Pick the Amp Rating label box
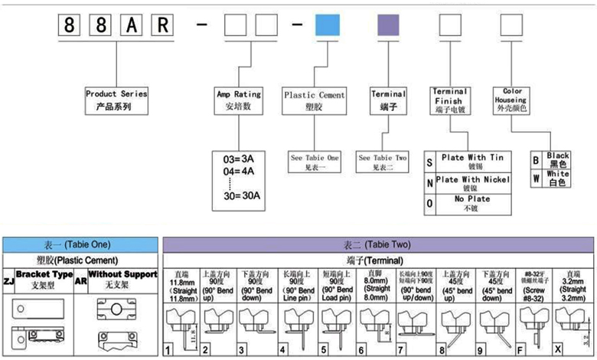(x=239, y=100)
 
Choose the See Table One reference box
(x=315, y=162)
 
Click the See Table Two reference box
(x=382, y=162)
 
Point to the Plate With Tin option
(x=475, y=161)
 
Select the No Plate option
(x=475, y=203)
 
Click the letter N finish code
(x=429, y=183)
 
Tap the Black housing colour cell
(x=559, y=159)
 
